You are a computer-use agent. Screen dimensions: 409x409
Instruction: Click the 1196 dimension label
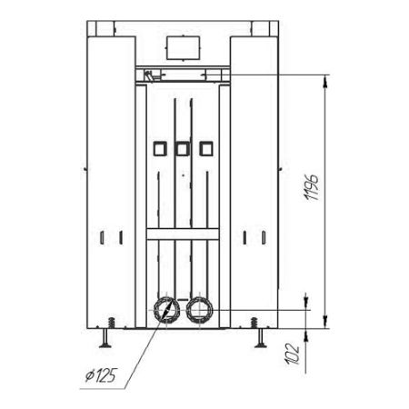(312, 187)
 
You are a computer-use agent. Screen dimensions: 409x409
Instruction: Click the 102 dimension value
(292, 354)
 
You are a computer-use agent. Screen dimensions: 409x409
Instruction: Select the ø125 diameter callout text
(101, 375)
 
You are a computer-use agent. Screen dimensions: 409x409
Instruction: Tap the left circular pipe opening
(166, 310)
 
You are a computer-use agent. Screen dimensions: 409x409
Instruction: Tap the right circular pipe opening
(199, 310)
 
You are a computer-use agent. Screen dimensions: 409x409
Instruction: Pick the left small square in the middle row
(160, 149)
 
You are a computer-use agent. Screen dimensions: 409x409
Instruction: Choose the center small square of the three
(183, 149)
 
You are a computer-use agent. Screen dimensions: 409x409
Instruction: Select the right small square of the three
(206, 149)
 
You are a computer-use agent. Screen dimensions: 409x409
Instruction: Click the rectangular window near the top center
(183, 48)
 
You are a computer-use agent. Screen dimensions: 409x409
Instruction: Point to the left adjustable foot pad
(105, 344)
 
